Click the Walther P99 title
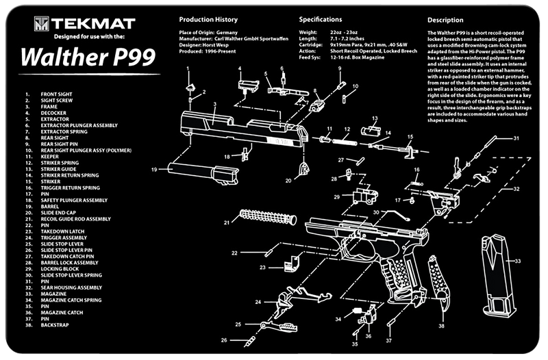tap(76, 59)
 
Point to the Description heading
tap(446, 20)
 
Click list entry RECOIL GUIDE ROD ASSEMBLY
tap(75, 219)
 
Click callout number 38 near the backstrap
tap(441, 326)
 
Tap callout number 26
tap(223, 339)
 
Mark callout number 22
tap(234, 253)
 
